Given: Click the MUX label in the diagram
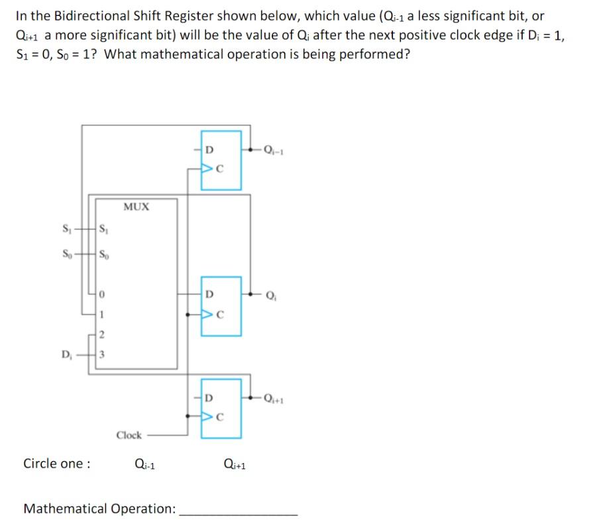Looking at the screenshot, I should [136, 206].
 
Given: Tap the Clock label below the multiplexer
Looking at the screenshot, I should [129, 435].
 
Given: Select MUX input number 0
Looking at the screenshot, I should [103, 293].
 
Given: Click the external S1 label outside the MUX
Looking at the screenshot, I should [66, 231].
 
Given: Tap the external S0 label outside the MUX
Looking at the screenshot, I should [66, 253].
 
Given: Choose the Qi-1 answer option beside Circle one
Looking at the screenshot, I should [144, 464].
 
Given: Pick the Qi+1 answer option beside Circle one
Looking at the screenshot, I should [235, 464].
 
